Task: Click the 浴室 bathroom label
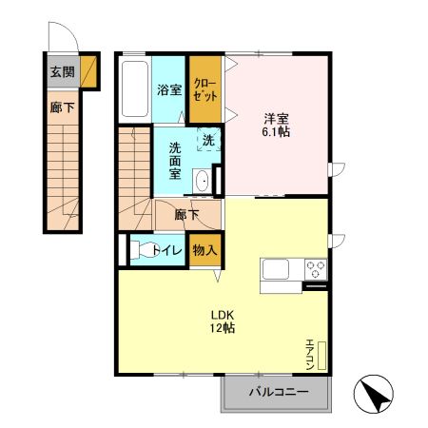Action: (x=168, y=90)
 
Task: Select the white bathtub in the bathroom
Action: (x=134, y=89)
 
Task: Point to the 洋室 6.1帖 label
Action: (x=278, y=125)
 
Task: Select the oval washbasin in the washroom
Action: (x=203, y=182)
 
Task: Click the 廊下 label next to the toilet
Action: (x=186, y=215)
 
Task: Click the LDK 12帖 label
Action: (x=223, y=321)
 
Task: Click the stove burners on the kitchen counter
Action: (x=315, y=270)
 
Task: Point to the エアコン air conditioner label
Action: (x=310, y=354)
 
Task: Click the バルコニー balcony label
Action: (x=279, y=391)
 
